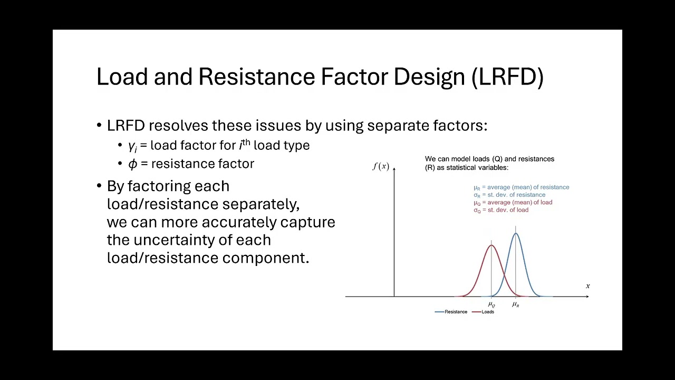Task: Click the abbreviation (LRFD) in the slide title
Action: [507, 77]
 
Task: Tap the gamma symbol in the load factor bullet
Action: [132, 146]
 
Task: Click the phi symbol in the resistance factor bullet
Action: [132, 164]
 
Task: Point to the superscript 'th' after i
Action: [246, 142]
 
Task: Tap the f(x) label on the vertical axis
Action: [381, 167]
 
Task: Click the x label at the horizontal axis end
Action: [587, 286]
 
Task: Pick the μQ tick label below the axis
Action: [491, 305]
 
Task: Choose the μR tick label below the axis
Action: [516, 305]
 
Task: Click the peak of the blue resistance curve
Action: [516, 233]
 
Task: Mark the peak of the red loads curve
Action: [491, 245]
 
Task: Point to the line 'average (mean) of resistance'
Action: [522, 187]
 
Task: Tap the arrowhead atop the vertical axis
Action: [394, 168]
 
